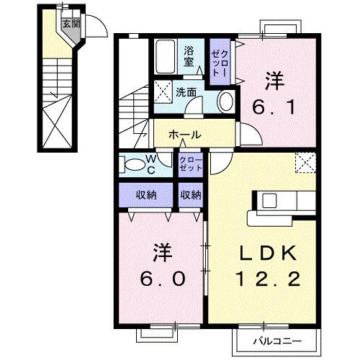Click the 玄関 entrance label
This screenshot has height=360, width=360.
pos(69,23)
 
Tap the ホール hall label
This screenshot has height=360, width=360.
pos(185,135)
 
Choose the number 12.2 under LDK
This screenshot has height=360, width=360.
pos(269,279)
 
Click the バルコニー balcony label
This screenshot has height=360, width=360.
pos(276,339)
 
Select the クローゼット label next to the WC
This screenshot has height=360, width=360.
pos(191,163)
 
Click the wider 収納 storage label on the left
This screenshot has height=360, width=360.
pos(146,194)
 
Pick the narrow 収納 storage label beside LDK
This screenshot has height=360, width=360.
pos(191,194)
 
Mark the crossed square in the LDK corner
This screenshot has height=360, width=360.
pos(307,162)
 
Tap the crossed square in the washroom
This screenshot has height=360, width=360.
pos(162,92)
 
